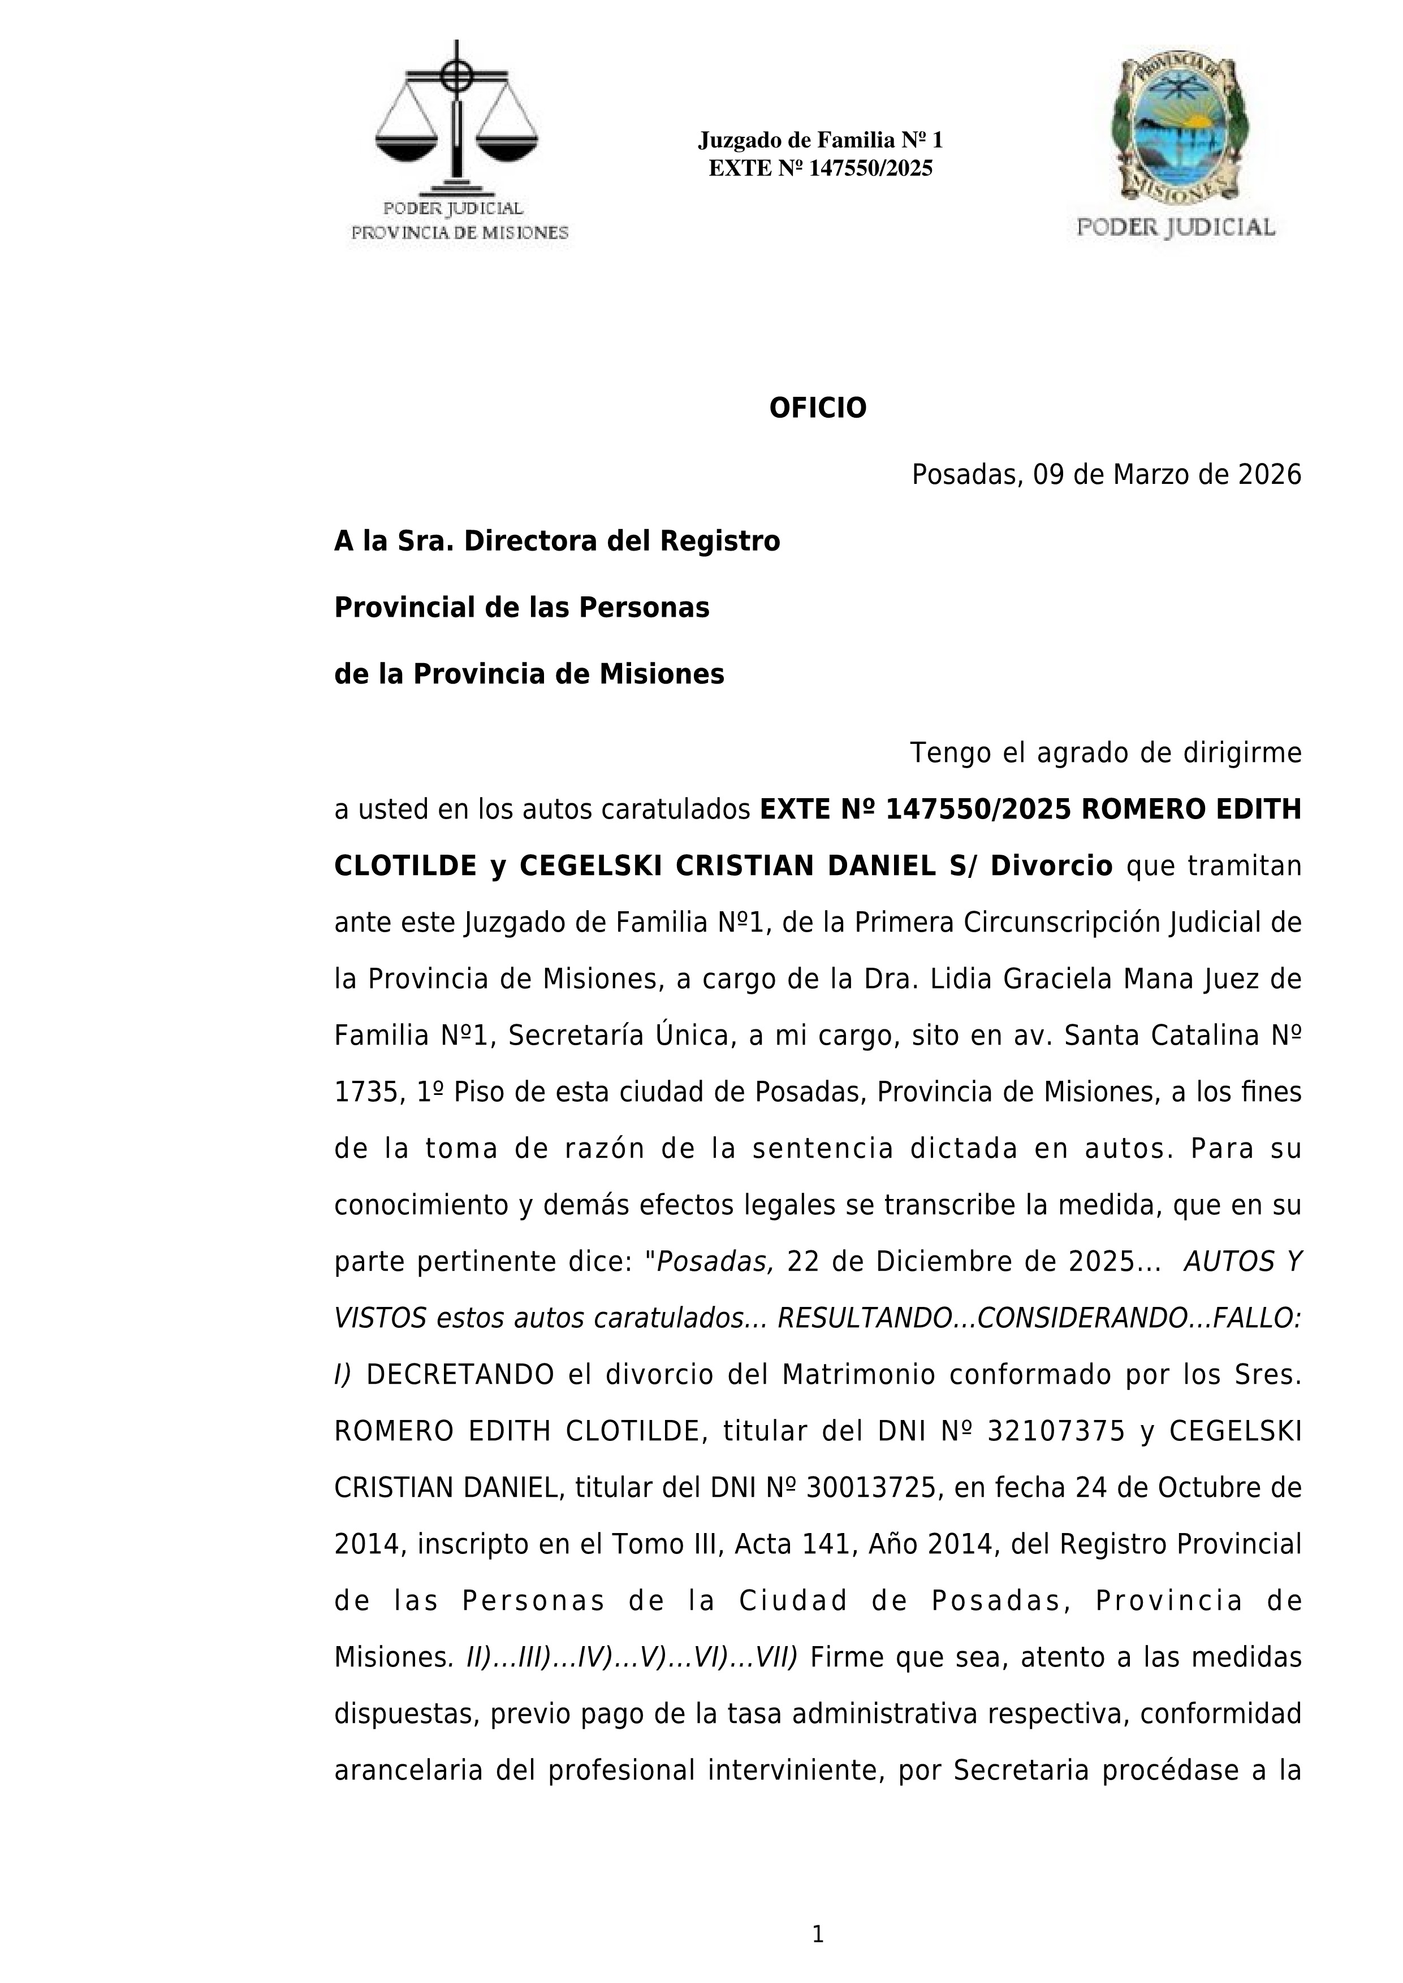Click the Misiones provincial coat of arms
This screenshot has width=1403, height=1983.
point(1179,129)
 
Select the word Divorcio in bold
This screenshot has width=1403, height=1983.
point(1051,866)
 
